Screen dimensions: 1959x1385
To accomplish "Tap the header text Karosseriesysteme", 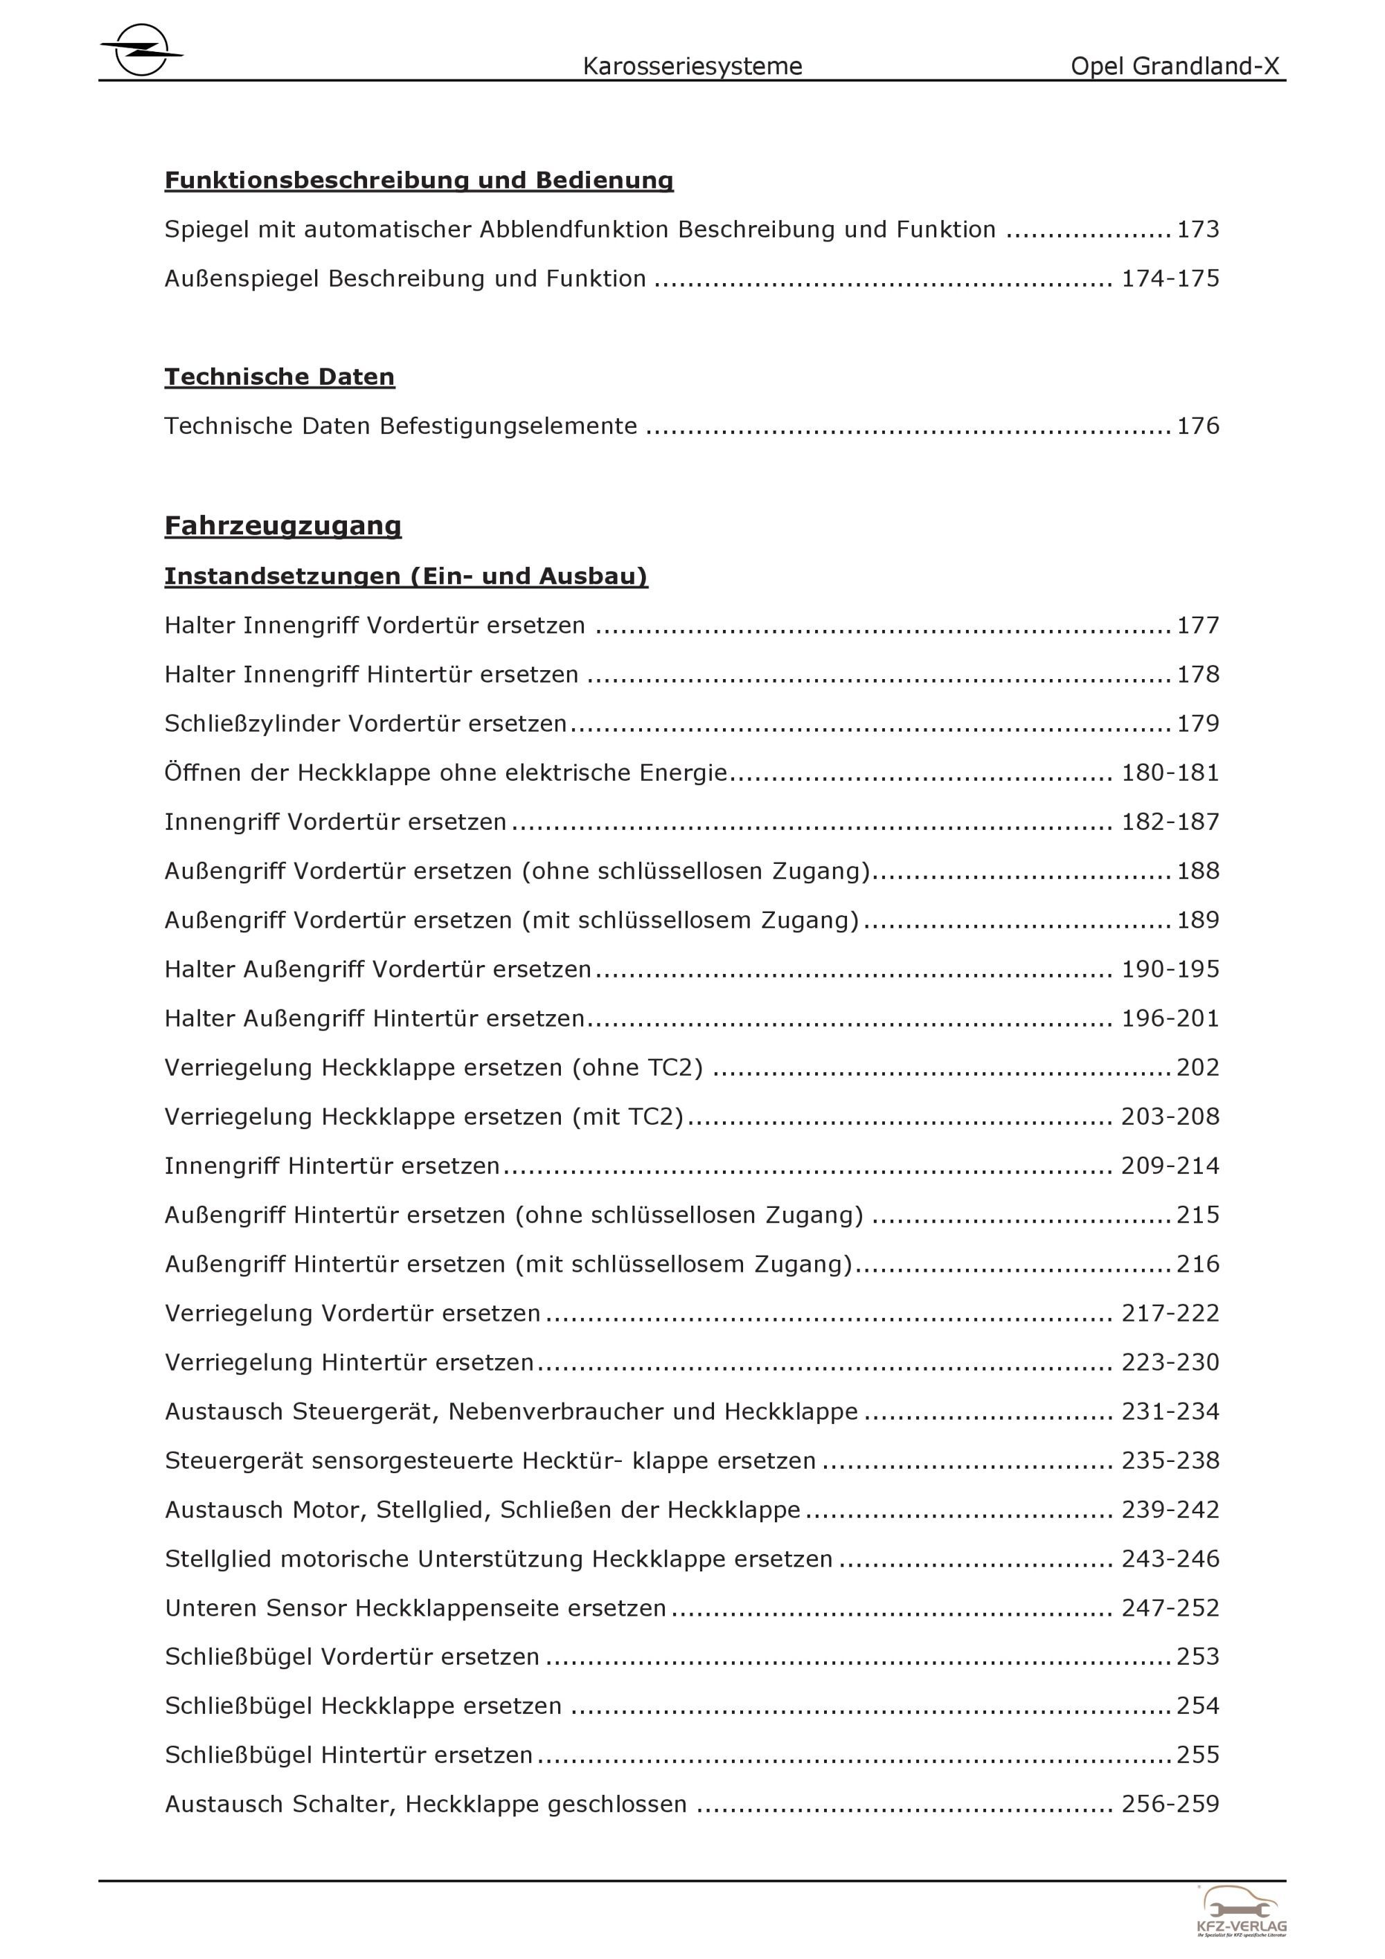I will coord(692,66).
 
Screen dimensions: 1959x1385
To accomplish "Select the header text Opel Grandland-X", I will coord(1175,66).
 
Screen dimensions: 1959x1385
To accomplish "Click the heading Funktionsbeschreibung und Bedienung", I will coord(419,180).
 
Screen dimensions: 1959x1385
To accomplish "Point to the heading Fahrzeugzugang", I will coord(283,525).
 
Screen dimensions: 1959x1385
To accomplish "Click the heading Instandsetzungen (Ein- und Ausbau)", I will coord(406,577).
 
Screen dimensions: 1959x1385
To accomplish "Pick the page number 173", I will coord(1198,230).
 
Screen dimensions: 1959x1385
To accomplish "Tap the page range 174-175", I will coord(1170,279).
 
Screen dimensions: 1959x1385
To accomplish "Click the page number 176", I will coord(1198,426).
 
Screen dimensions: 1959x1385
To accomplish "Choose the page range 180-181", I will coord(1170,773).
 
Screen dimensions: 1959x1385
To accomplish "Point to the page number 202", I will coord(1198,1067).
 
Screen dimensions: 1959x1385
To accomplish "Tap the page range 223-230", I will coord(1170,1362).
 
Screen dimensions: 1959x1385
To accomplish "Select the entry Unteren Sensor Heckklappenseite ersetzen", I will coord(415,1608).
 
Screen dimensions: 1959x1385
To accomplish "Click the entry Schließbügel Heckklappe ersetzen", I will coord(363,1706).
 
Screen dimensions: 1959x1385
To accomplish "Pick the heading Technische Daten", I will coord(279,377).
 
